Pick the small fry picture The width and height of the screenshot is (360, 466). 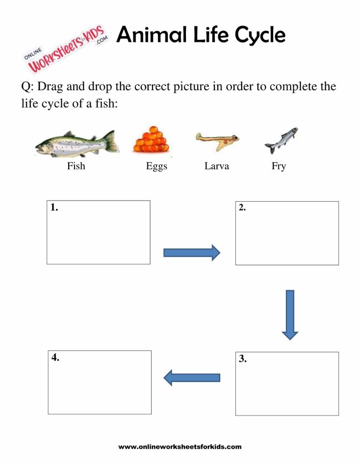pos(281,140)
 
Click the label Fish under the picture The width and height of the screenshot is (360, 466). pos(76,166)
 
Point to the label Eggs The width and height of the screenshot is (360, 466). pos(156,166)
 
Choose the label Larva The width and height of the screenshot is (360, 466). pos(217,166)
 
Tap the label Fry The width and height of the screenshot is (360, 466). pos(279,166)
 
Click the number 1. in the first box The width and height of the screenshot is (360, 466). pos(54,207)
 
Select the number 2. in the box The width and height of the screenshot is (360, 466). pos(242,207)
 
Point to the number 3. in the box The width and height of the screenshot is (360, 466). pos(243,359)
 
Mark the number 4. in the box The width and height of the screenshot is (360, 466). pos(55,358)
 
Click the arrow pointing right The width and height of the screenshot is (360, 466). pos(192,253)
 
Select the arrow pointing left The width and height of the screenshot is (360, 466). pos(191,377)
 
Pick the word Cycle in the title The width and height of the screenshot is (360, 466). pos(259,36)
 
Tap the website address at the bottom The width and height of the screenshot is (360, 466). pos(180,447)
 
